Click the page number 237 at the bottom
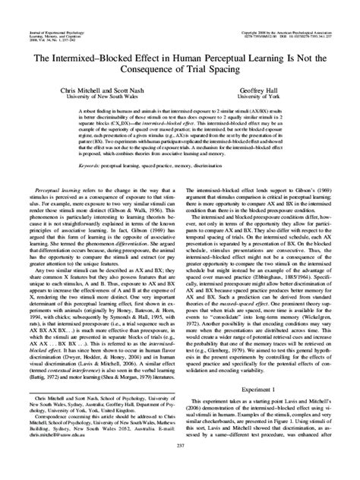(x=180, y=466)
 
